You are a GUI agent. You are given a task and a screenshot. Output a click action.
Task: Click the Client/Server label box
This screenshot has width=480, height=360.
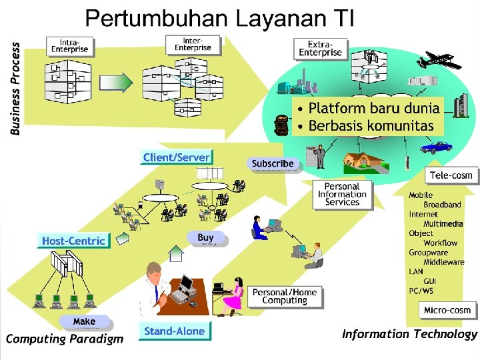[x=176, y=157]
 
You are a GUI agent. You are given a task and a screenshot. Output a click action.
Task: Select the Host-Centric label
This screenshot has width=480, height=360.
[x=73, y=241]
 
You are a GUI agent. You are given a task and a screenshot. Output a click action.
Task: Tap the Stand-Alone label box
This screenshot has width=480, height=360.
[x=174, y=331]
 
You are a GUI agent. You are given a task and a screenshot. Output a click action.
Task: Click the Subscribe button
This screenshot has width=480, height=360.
[x=273, y=163]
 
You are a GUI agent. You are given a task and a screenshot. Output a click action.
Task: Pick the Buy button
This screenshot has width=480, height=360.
[x=206, y=237]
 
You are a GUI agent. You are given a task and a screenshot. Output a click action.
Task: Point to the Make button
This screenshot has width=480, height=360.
[x=84, y=321]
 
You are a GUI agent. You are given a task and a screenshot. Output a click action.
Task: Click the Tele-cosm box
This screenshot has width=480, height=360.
[x=451, y=175]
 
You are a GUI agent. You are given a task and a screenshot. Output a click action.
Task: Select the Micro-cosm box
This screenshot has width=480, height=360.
[x=447, y=310]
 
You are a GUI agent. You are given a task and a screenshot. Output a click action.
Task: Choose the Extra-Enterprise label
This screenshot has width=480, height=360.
[x=320, y=48]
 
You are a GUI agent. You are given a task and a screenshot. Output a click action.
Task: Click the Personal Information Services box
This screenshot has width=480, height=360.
[x=342, y=194]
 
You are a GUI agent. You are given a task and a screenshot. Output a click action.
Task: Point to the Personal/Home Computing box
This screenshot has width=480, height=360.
[x=285, y=296]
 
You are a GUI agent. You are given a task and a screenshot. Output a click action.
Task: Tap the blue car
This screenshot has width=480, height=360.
[x=437, y=146]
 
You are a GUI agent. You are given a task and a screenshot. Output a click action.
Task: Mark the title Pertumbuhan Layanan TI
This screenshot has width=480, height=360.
[x=219, y=17]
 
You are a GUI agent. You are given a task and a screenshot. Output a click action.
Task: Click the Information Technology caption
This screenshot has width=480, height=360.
[x=409, y=335]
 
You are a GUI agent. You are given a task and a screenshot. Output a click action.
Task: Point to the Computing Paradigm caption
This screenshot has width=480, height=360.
[x=65, y=339]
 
